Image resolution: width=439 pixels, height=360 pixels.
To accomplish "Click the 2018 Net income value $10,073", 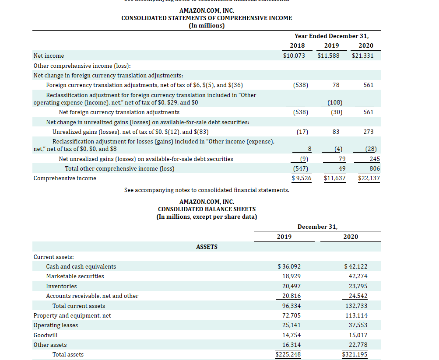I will click(294, 56).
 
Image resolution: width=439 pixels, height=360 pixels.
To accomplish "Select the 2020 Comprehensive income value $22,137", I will click(369, 178).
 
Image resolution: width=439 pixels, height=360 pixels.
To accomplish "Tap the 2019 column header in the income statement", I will click(331, 45).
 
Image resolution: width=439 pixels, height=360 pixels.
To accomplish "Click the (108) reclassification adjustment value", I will click(335, 103).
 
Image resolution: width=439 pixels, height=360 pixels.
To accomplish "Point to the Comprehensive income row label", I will click(65, 178).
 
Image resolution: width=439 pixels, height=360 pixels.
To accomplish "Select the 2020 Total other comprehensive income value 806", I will click(375, 168).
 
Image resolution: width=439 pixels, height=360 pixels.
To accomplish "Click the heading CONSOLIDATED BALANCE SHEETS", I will click(207, 209).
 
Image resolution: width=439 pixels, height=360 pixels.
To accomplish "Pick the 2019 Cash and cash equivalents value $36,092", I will click(289, 266).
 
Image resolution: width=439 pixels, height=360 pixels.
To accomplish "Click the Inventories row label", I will click(61, 286).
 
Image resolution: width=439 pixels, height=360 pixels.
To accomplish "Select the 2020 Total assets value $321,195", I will click(355, 354).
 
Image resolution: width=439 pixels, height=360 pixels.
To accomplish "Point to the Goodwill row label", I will click(46, 335).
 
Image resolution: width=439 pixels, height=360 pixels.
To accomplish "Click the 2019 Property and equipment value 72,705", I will click(291, 315).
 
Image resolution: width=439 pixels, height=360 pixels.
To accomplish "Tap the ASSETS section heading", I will click(207, 247).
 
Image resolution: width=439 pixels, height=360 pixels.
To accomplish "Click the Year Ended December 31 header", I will click(331, 36).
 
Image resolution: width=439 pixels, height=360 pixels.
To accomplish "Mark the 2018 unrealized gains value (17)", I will click(302, 132).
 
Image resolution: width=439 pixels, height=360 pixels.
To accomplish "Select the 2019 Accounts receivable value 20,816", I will click(291, 296).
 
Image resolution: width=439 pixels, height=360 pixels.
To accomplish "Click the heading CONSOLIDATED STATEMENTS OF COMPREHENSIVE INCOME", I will click(207, 18).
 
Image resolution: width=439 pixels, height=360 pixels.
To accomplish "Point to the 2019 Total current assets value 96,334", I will click(291, 306).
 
